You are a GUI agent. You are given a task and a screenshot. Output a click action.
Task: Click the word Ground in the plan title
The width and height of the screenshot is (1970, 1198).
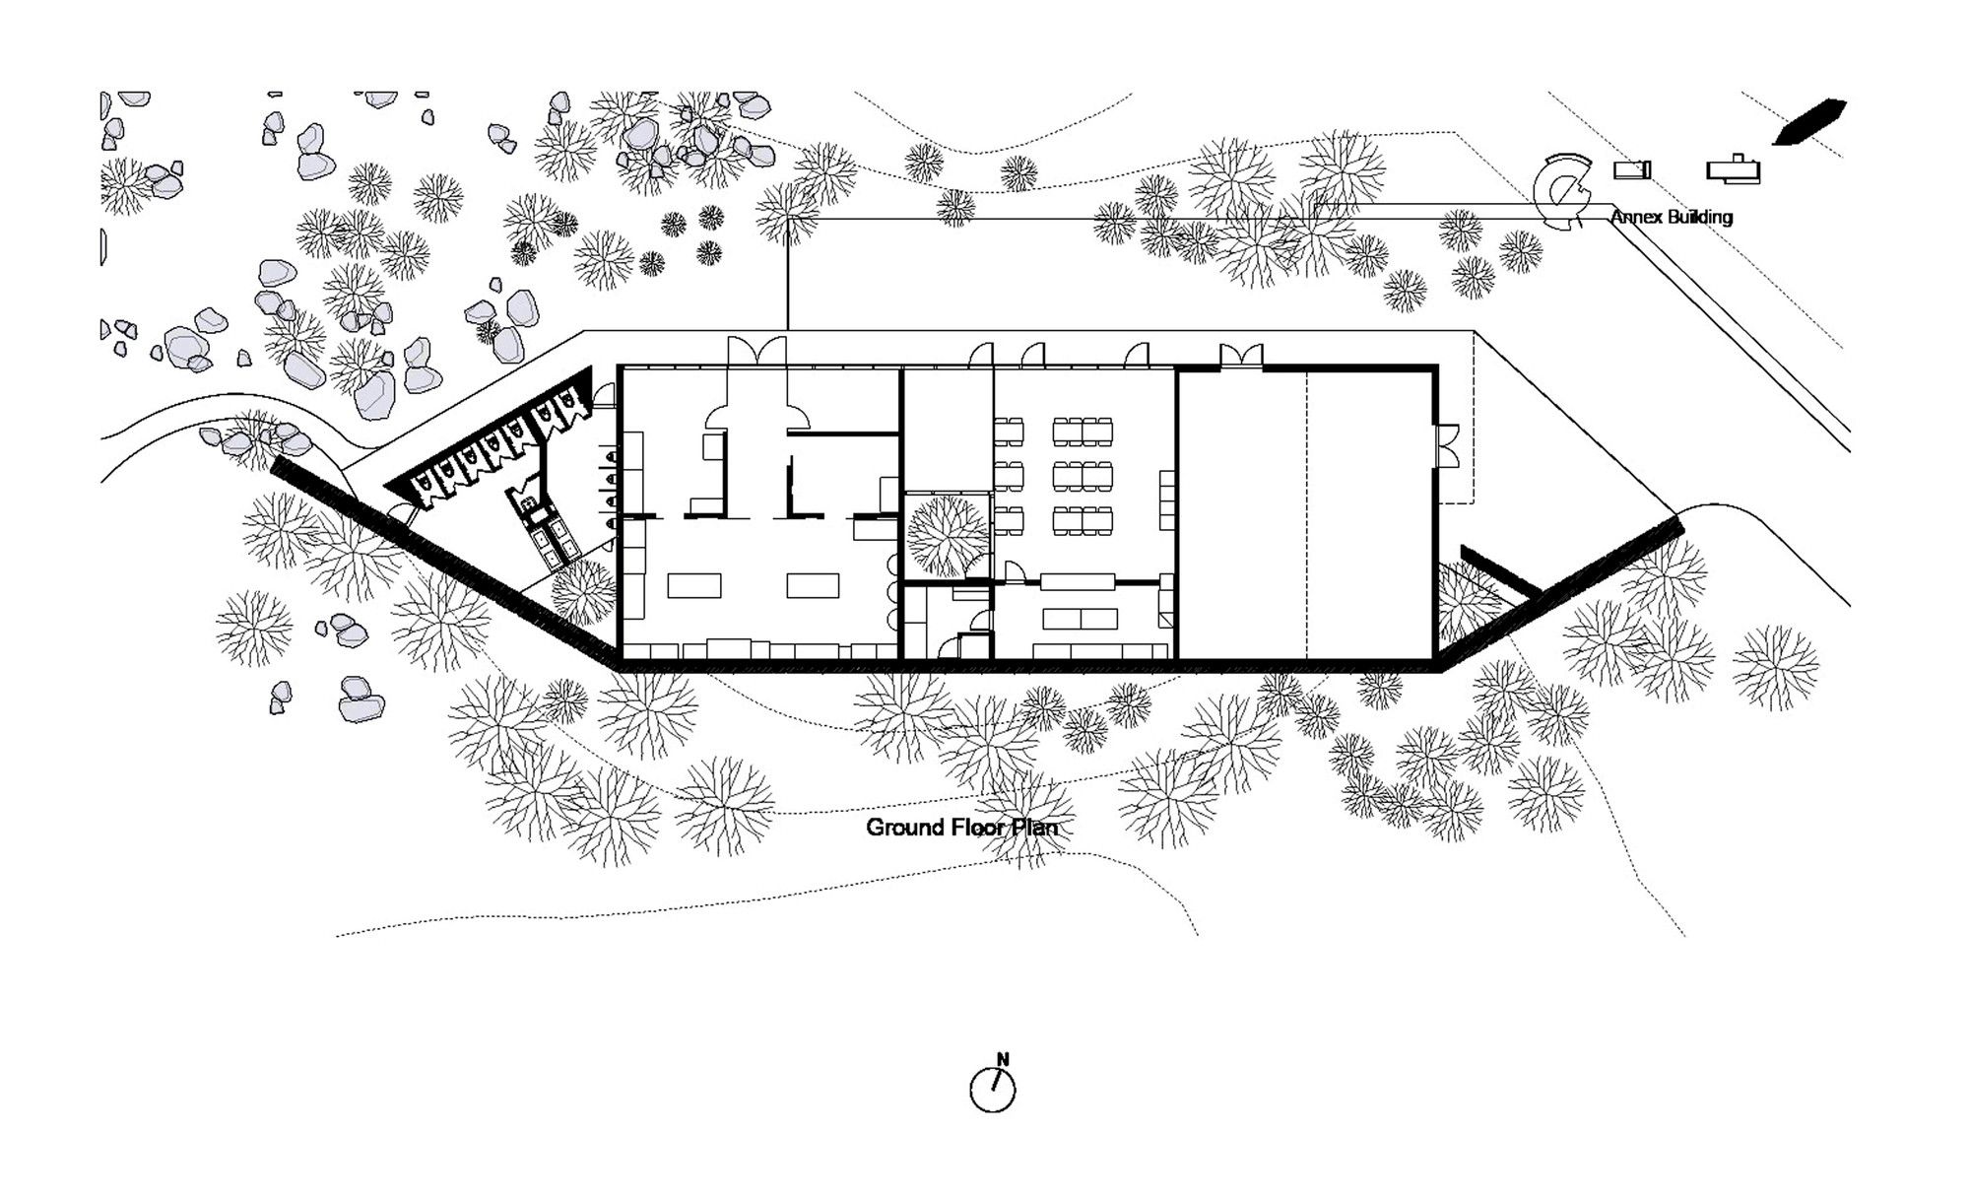click(905, 828)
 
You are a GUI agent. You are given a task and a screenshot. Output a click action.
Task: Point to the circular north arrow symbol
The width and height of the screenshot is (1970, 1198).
click(993, 1090)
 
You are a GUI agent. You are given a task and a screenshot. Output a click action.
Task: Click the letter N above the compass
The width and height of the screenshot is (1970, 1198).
click(1003, 1060)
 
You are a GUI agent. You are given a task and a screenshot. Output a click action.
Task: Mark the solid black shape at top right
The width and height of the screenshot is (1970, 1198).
click(1810, 121)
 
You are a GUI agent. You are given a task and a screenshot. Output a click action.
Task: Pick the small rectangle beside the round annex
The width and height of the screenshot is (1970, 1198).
click(1631, 170)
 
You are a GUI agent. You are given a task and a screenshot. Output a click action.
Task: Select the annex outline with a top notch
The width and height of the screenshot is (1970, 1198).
click(1734, 168)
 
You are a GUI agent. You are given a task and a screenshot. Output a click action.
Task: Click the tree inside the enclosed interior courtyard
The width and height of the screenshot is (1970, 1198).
click(948, 536)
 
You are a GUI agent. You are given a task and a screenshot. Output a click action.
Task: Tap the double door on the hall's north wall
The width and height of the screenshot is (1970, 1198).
click(1241, 357)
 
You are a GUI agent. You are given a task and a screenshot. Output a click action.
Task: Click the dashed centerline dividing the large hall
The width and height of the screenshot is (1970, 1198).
click(1307, 512)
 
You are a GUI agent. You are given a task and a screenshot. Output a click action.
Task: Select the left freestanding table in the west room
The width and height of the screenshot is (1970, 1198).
click(694, 585)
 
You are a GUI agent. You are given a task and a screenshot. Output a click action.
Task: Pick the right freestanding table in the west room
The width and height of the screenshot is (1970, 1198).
click(813, 585)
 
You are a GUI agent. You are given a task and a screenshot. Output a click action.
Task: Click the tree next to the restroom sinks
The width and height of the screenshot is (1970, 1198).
click(583, 592)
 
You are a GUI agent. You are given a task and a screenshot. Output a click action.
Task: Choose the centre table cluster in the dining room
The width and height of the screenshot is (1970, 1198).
click(1083, 476)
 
